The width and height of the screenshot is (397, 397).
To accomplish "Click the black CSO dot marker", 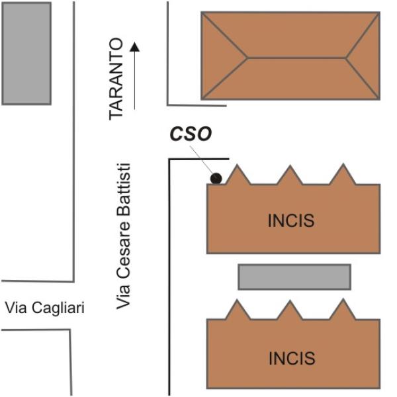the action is [x=216, y=178].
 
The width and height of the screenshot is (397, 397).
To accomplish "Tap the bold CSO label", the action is [x=191, y=134].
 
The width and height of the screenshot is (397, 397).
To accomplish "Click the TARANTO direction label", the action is [x=116, y=79].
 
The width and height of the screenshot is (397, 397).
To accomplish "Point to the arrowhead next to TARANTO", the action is [x=135, y=47].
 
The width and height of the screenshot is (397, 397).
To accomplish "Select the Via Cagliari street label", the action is [x=44, y=308].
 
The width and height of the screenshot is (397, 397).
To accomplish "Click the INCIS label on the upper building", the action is [x=291, y=220].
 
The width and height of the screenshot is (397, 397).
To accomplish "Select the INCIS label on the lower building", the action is [x=292, y=358].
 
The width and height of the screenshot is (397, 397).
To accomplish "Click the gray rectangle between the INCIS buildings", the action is [x=294, y=277].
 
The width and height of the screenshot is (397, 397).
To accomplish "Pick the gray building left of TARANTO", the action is [x=26, y=54].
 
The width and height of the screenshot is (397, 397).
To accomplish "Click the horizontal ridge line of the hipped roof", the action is [x=296, y=58].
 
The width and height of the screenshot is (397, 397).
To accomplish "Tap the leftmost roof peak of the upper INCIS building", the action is [x=238, y=165].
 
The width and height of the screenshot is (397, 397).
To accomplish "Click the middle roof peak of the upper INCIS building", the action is [x=290, y=166].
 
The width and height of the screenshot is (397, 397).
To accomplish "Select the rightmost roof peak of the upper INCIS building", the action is [x=343, y=164].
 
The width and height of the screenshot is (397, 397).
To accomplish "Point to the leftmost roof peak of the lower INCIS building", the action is [x=238, y=300].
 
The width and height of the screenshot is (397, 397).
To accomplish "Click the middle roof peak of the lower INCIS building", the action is [x=290, y=301].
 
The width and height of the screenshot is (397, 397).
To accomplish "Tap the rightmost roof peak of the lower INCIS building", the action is [x=343, y=300].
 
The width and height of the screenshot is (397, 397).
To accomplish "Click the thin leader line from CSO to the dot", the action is [x=202, y=159].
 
